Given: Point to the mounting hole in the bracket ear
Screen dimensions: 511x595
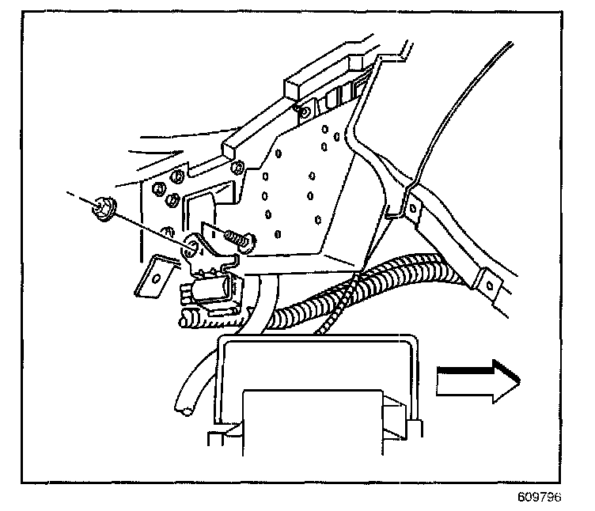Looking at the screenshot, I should [191, 249].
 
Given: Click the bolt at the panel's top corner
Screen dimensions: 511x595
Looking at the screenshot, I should [304, 111].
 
